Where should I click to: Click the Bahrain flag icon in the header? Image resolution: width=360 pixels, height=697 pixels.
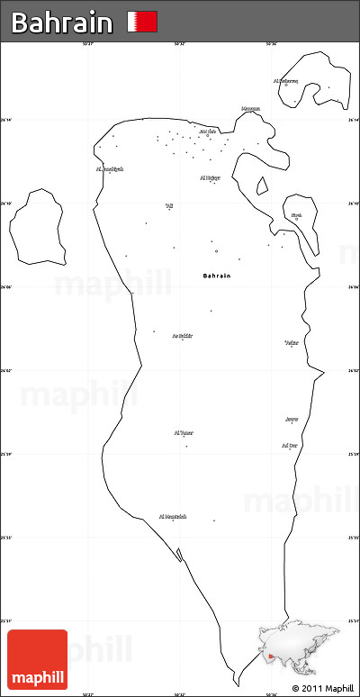[x=142, y=22]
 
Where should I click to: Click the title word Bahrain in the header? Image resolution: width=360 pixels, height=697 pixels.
[x=62, y=23]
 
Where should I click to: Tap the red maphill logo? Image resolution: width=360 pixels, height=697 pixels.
[x=37, y=658]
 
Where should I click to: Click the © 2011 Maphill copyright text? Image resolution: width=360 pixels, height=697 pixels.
[x=322, y=689]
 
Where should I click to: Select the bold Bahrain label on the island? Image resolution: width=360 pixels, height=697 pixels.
[x=217, y=275]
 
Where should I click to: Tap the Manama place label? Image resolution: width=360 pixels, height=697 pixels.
[x=250, y=109]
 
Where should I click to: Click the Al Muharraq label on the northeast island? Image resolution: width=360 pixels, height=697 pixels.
[x=285, y=80]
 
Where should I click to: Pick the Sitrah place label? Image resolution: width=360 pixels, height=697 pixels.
[x=296, y=215]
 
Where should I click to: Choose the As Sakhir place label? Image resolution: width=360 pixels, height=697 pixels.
[x=182, y=335]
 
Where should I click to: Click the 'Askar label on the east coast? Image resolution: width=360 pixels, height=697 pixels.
[x=291, y=343]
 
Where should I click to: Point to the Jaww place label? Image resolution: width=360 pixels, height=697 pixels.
[x=292, y=419]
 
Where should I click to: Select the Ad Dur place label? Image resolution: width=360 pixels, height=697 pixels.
[x=289, y=445]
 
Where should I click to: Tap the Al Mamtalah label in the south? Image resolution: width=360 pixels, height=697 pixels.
[x=173, y=516]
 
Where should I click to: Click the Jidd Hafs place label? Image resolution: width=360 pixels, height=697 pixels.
[x=207, y=131]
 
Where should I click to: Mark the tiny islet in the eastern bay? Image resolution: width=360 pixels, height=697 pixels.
[x=262, y=186]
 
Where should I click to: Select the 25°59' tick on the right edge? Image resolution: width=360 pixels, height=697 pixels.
[x=355, y=454]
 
